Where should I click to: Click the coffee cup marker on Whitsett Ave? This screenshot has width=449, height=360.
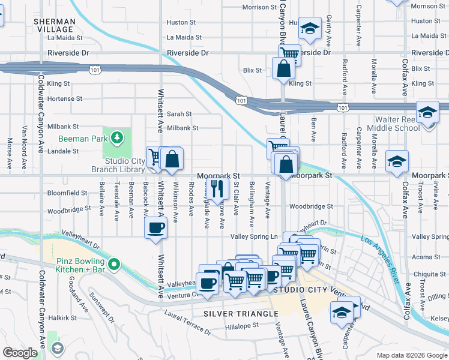point(155,228)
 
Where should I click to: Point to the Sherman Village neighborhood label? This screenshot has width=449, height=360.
point(55,25)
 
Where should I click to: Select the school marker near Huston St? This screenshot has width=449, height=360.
point(310,28)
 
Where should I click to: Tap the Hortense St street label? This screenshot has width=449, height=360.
point(64,98)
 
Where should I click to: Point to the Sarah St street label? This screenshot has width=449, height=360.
point(179,113)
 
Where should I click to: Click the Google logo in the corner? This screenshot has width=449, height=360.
point(20,353)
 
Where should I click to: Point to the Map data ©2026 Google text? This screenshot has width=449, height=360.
point(411,355)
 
